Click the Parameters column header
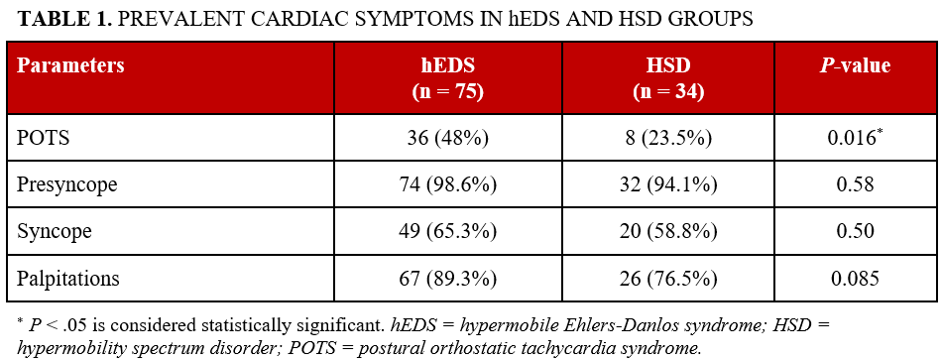[70, 66]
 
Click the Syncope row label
[55, 232]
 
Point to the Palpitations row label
[68, 279]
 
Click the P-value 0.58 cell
[852, 185]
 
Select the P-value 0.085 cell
[852, 279]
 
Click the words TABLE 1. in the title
[62, 19]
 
